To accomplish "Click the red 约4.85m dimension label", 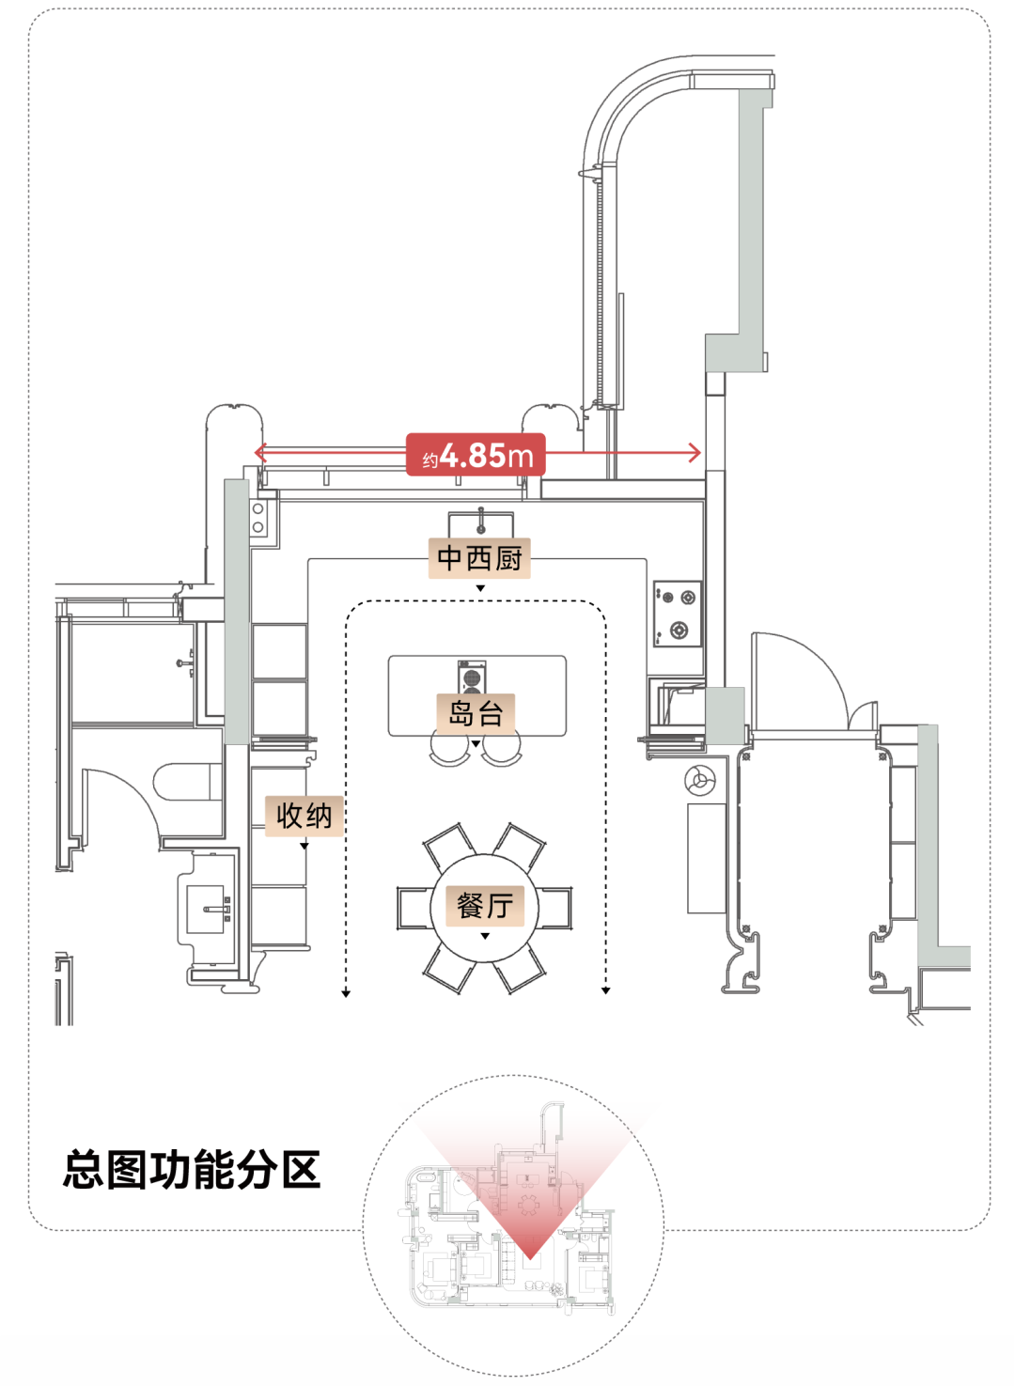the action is (x=476, y=455).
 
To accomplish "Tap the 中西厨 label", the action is (x=479, y=558).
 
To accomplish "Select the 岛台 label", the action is (x=476, y=713).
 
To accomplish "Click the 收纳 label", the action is (x=304, y=817).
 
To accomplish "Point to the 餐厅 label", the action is (x=485, y=907).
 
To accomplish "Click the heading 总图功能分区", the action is (x=192, y=1170).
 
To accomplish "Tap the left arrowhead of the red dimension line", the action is (x=258, y=453).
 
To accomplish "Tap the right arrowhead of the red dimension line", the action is (x=695, y=453).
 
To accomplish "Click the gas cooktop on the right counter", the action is (x=678, y=615).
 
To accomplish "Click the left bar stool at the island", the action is (x=449, y=751).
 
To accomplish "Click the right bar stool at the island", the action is (x=501, y=751).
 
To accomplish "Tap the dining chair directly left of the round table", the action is (x=414, y=908).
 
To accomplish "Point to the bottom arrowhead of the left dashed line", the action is (x=346, y=993).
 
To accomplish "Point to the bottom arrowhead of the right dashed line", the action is (x=606, y=990).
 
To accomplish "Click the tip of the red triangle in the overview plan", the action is (x=530, y=1259).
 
